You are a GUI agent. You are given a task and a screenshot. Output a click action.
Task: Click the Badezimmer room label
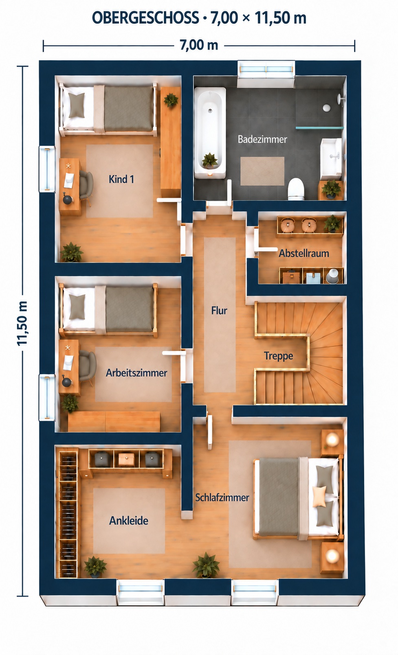point(262,139)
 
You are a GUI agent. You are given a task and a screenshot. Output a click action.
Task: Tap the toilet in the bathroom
point(296,189)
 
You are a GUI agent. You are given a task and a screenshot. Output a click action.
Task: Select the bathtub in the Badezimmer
point(210,133)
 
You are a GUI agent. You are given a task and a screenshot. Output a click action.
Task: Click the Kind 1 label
point(121,179)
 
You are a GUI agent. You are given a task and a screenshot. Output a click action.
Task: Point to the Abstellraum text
point(304,253)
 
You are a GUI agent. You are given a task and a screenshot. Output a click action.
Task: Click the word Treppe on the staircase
point(278,356)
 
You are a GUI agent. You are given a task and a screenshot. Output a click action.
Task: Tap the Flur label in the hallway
point(219,311)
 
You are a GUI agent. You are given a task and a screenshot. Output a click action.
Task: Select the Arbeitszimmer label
point(136,373)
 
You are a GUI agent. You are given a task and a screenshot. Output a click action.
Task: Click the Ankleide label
point(129,521)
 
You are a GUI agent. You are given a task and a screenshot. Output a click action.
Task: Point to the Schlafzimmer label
point(222,497)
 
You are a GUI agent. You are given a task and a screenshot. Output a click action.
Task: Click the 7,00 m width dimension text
point(199,45)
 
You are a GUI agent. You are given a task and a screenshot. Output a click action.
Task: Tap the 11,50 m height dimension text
point(22,323)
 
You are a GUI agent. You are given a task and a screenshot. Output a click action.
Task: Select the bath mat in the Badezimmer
point(262,171)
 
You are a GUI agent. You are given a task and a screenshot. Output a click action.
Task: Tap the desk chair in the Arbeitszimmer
point(87,366)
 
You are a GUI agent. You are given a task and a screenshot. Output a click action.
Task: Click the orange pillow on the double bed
point(319,496)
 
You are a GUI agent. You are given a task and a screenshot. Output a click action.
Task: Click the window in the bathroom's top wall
point(266,69)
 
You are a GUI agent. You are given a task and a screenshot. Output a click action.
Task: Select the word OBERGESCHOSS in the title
point(145,18)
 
